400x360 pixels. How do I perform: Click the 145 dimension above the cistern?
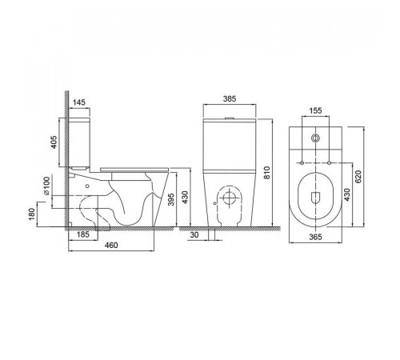click(79, 102)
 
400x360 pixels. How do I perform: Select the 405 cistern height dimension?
click(54, 142)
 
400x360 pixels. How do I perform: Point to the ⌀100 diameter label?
click(46, 186)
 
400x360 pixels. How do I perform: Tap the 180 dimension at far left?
click(32, 214)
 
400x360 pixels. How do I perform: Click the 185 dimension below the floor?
click(82, 234)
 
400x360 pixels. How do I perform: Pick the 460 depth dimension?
click(111, 245)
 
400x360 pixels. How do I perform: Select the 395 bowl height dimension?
click(171, 199)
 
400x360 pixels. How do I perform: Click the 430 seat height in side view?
click(186, 198)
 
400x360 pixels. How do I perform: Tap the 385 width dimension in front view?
click(230, 98)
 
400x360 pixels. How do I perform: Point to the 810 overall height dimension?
click(267, 173)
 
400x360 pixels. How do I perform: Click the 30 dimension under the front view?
click(194, 234)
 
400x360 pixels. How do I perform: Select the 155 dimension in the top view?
click(315, 110)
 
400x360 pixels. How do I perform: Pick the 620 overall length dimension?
click(358, 177)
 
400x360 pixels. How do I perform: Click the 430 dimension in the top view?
click(346, 195)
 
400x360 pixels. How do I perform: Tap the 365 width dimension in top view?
click(315, 237)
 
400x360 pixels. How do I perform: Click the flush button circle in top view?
click(316, 138)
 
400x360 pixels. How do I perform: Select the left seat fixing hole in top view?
click(302, 162)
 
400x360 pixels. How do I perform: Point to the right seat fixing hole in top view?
click(330, 162)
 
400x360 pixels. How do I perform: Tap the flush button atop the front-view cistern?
click(230, 118)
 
